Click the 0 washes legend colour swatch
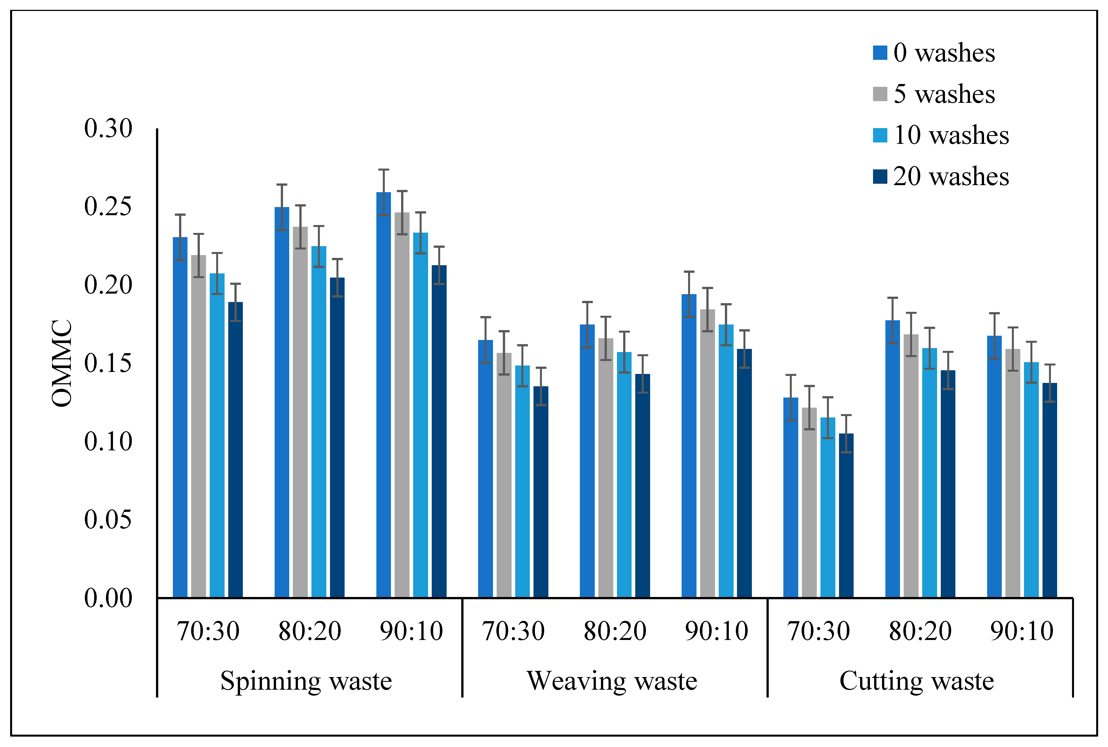coord(880,53)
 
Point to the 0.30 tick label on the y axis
coord(108,129)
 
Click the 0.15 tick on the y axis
coord(108,364)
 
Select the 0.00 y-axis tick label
coord(108,598)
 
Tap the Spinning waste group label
coord(306,681)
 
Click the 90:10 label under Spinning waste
coord(411,632)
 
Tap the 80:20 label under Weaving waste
coord(615,632)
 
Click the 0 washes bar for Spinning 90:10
coord(384,396)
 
